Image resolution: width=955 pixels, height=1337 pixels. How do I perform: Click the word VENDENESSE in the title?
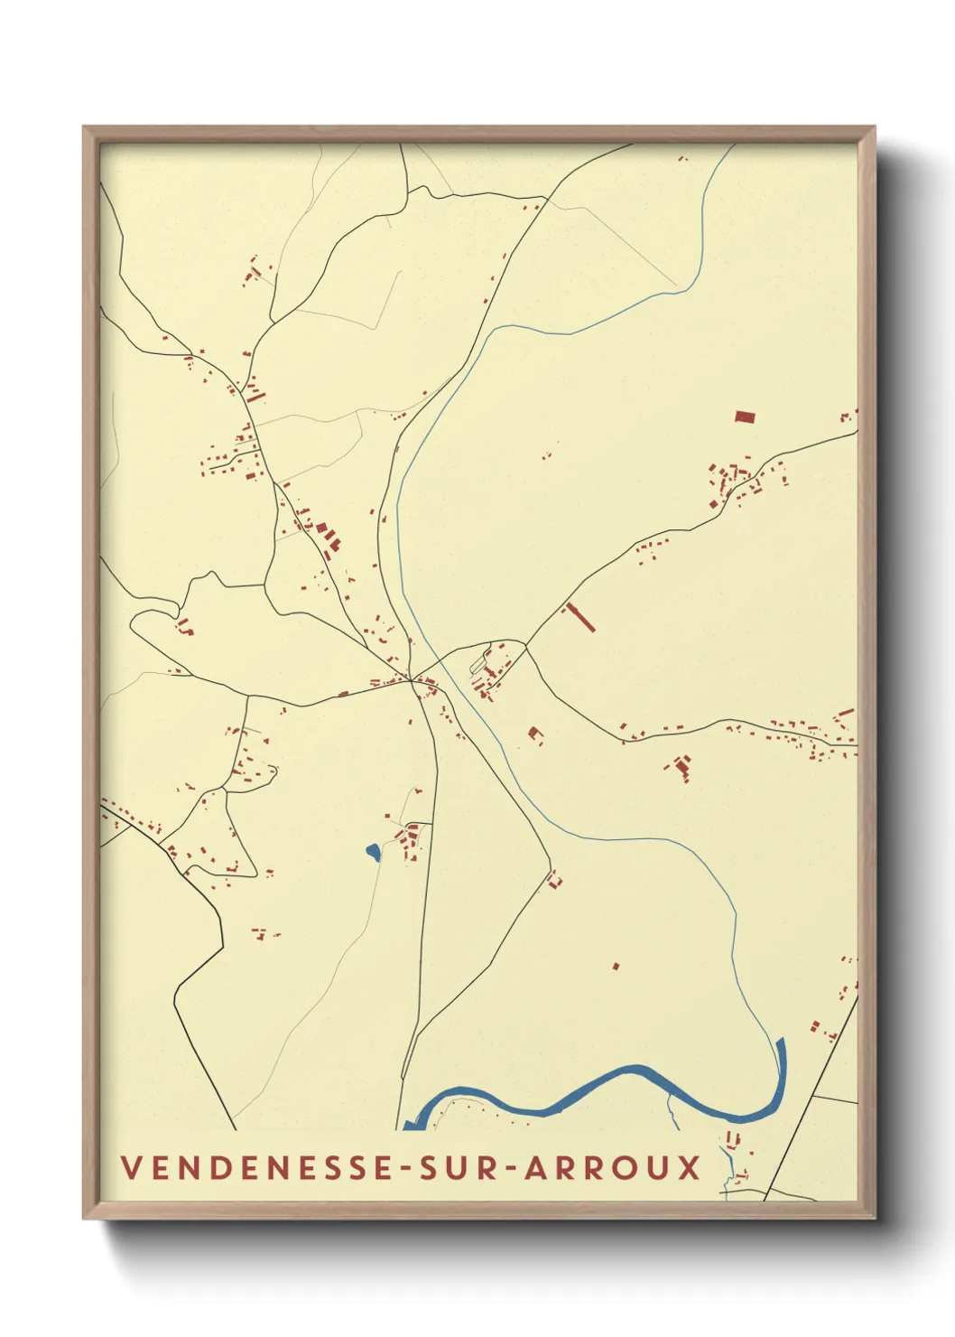257,1167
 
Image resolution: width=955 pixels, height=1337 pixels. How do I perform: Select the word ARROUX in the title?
613,1167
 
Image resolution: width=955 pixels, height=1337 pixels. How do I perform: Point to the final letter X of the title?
690,1167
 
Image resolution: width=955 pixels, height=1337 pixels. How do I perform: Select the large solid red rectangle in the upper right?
744,416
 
